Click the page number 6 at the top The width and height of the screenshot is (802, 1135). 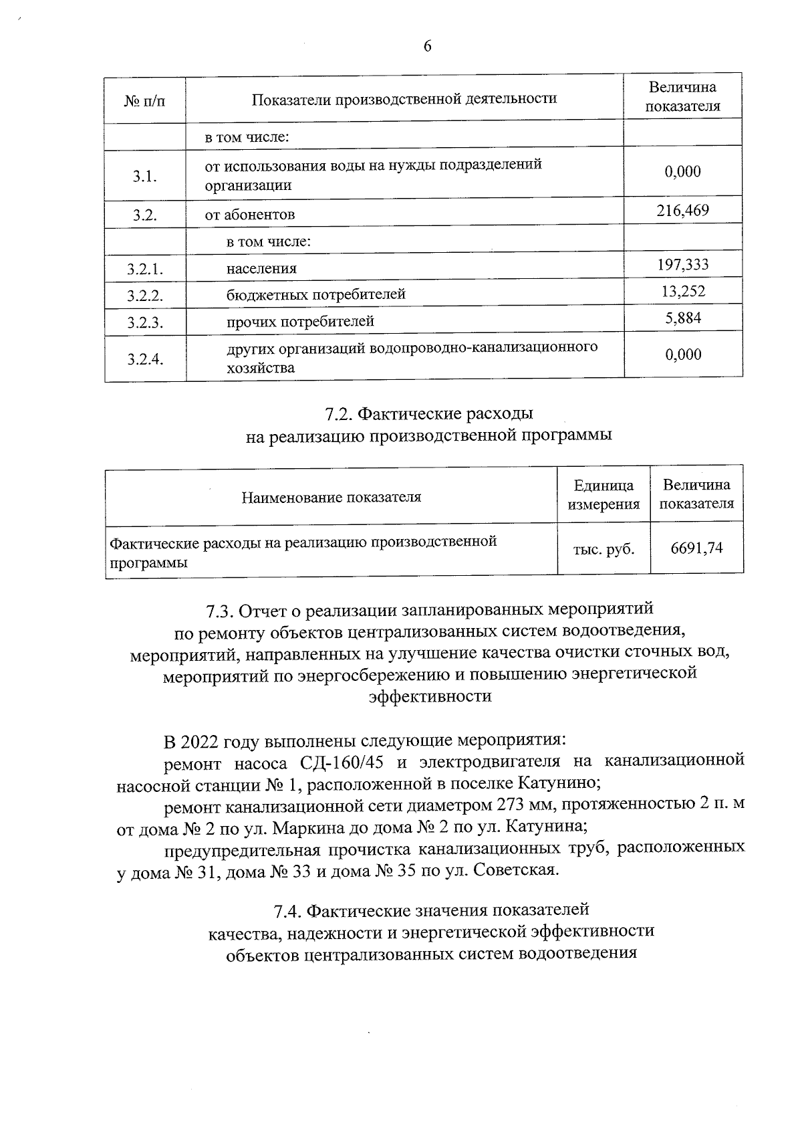point(428,46)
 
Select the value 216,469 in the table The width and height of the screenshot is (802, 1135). point(682,211)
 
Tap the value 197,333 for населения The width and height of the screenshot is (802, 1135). point(682,265)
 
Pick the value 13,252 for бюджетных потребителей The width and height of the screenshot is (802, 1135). point(682,291)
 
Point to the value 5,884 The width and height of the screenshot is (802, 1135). point(682,318)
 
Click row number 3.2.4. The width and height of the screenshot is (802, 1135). point(145,359)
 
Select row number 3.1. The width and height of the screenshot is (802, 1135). point(144,177)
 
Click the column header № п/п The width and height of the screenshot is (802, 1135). point(144,100)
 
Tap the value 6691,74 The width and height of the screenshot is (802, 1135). point(696,549)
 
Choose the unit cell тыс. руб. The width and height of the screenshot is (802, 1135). point(604,550)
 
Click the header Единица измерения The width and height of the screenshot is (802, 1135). point(604,495)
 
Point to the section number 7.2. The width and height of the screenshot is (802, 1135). point(339,415)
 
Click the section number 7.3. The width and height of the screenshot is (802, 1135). point(219,611)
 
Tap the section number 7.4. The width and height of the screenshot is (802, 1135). point(288,910)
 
